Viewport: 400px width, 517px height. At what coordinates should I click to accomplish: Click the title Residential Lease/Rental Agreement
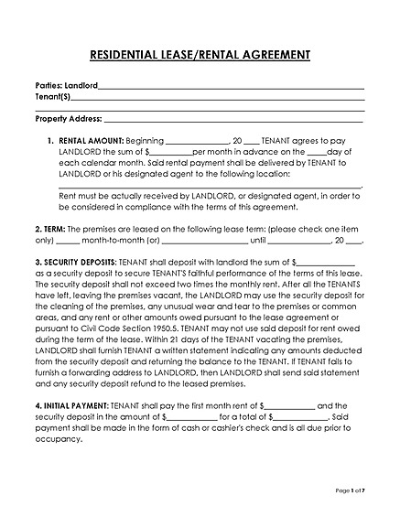coord(200,55)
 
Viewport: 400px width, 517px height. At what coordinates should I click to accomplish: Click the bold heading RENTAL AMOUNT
coord(90,141)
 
